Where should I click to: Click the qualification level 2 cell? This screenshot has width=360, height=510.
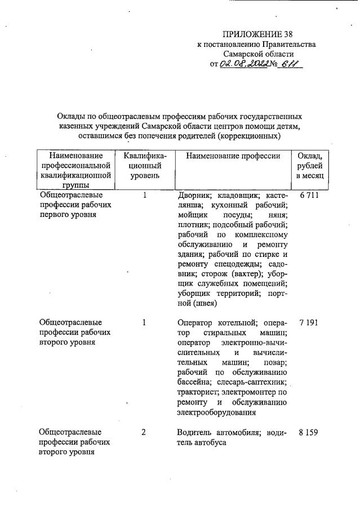(x=144, y=432)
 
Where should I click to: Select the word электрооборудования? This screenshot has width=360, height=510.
(x=216, y=413)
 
